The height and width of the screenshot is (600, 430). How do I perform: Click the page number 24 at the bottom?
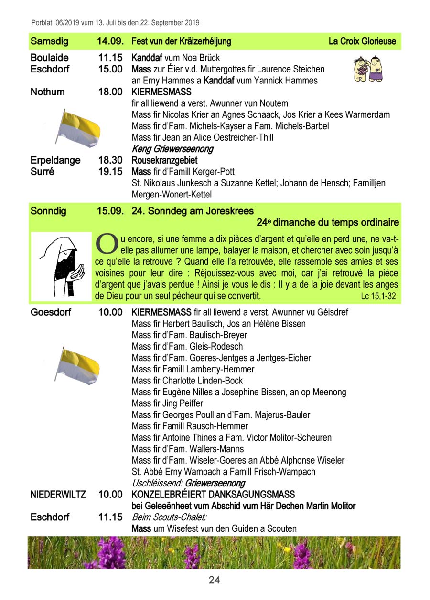(x=214, y=580)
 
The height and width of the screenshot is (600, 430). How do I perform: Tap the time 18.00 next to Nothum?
(x=110, y=92)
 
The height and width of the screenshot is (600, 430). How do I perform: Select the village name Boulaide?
(x=50, y=58)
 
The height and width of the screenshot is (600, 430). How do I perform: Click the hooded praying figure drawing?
(x=61, y=266)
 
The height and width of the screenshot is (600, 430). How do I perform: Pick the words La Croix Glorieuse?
(x=362, y=41)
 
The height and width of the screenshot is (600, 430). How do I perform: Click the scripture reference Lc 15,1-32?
(x=378, y=297)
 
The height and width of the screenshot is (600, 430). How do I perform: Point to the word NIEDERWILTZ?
(x=58, y=495)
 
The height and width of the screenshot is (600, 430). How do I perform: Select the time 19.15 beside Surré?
(x=110, y=172)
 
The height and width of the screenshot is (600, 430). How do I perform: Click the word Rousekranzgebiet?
(x=164, y=161)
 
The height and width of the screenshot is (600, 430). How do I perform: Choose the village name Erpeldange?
(x=55, y=161)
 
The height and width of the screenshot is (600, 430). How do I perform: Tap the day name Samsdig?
(x=49, y=41)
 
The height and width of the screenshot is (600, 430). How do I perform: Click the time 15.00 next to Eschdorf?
(x=110, y=69)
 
